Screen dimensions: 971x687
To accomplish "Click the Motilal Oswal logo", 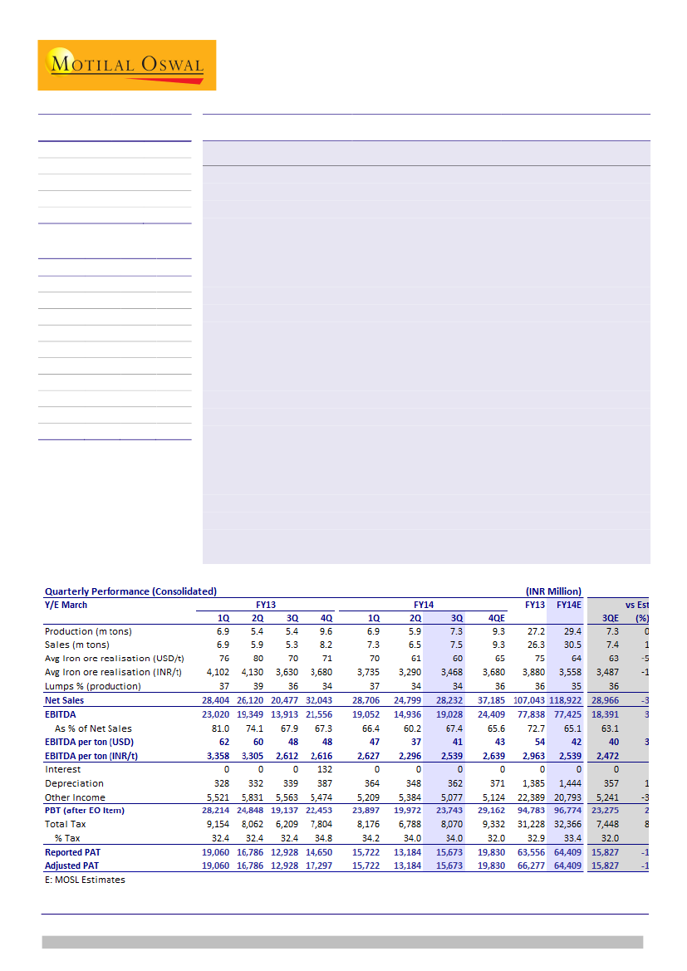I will coord(126,65).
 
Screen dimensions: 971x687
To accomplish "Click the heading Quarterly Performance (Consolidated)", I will coord(130,591).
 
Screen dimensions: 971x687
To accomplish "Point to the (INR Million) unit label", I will coord(553,591).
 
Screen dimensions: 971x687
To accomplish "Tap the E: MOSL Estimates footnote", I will coord(85,879).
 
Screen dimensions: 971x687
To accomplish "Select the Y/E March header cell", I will coord(66,605).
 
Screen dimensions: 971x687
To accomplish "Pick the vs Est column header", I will coord(636,605).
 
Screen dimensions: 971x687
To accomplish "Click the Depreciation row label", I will coord(74,783).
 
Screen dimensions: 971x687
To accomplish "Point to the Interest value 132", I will coord(325,770).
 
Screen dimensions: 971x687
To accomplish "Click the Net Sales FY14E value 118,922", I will coord(565,701).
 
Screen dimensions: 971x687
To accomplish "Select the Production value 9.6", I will coord(325,632).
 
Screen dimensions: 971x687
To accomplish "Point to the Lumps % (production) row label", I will coord(92,686).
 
